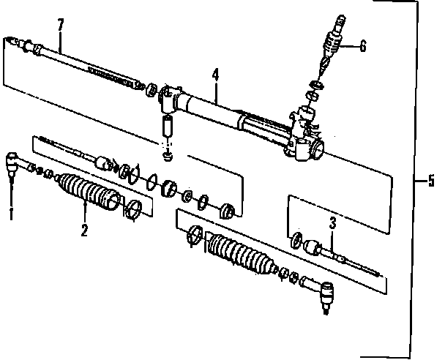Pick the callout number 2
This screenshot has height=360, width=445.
tap(84, 232)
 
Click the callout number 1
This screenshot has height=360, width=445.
tap(11, 214)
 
